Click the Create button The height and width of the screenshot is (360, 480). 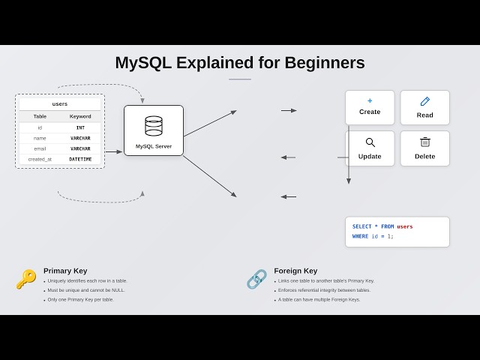point(370,107)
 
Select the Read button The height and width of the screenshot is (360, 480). point(424,107)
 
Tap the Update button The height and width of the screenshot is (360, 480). point(370,148)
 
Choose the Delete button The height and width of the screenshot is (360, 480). point(424,148)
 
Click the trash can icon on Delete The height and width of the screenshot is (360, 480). point(424,142)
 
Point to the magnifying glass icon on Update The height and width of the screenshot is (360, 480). point(370,142)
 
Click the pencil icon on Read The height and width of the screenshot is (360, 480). point(425,101)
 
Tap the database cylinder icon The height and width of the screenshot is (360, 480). point(154,126)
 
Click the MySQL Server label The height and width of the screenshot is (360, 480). point(154,146)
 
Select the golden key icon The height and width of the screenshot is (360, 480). point(26,279)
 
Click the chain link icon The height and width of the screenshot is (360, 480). point(256,279)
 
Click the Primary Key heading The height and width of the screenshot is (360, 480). point(65,271)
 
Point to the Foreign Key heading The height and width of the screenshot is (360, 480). point(295,271)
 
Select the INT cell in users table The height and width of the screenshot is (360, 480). point(80,127)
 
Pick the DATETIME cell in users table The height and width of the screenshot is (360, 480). point(80,159)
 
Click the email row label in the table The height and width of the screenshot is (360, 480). point(40,148)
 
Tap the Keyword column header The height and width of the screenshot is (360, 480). point(80,116)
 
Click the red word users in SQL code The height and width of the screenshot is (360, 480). point(404,226)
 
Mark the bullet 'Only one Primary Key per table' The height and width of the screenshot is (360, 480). point(80,299)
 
